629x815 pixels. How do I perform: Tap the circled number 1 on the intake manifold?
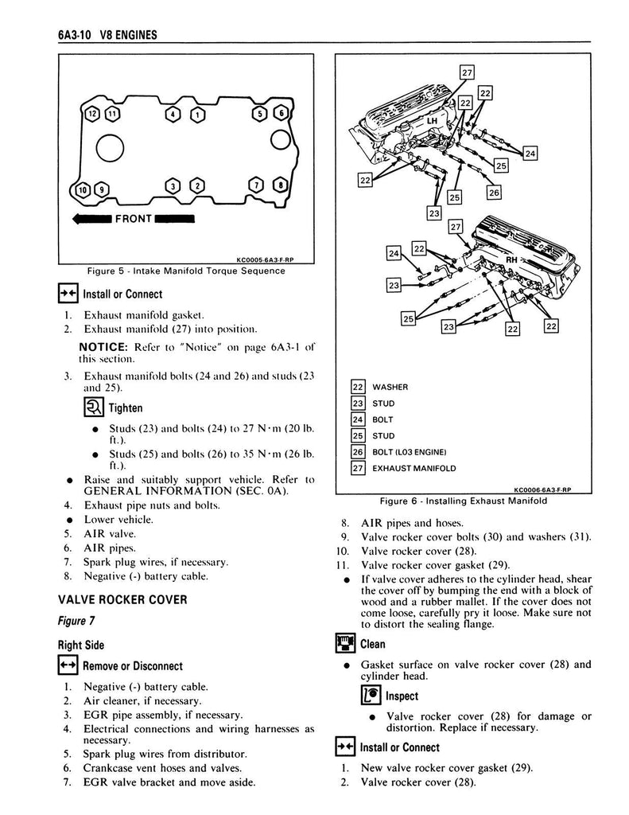(x=196, y=114)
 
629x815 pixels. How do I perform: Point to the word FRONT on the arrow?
(x=134, y=218)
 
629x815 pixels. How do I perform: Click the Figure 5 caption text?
(x=186, y=271)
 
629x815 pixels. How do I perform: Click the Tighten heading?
(x=125, y=408)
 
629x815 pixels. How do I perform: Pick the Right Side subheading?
(x=80, y=645)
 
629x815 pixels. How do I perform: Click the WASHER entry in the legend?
(x=390, y=388)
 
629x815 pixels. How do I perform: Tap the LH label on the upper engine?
(x=432, y=120)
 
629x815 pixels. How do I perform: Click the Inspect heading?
(x=400, y=696)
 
